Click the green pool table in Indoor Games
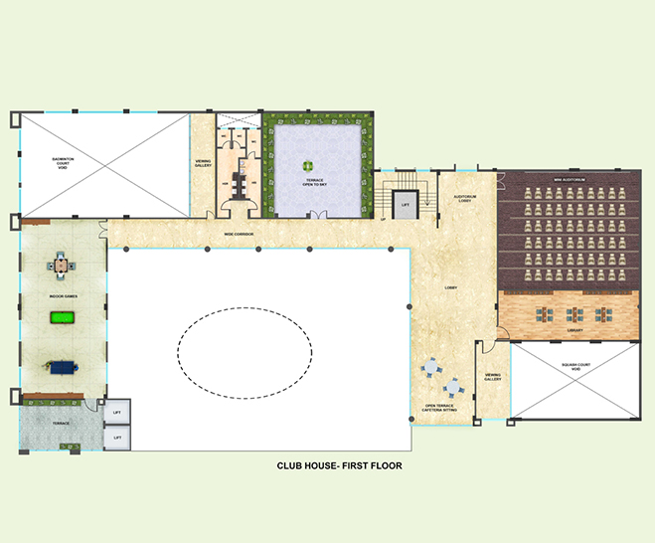click(x=62, y=318)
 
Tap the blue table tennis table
click(x=62, y=366)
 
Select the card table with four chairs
click(x=62, y=265)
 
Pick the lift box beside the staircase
click(x=405, y=205)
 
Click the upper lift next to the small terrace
click(x=117, y=412)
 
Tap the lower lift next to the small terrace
click(x=117, y=437)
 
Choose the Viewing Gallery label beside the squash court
click(x=493, y=378)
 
